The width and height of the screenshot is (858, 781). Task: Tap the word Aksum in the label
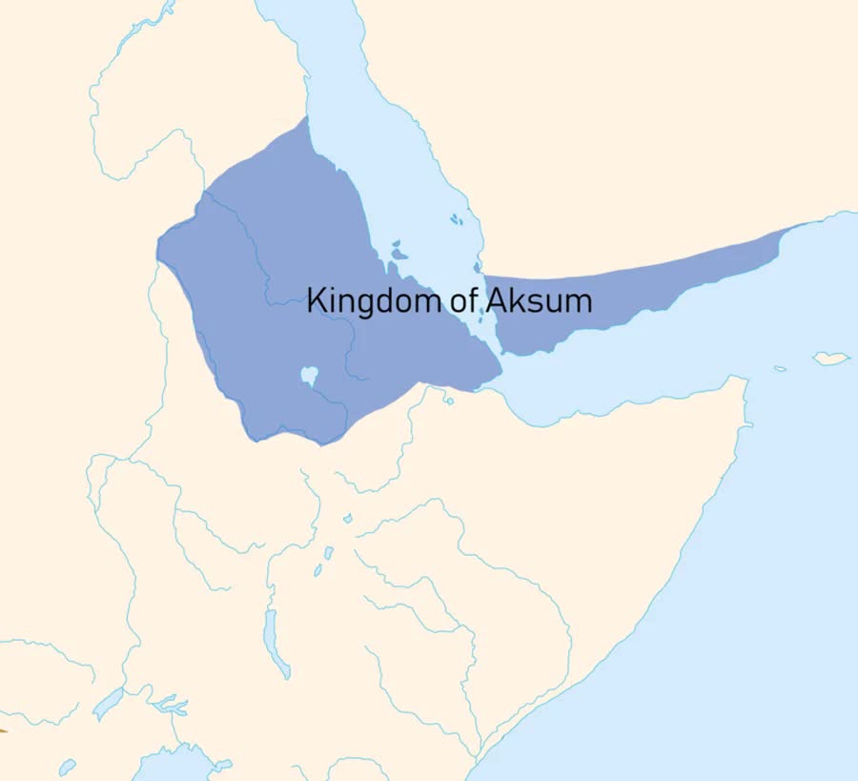(539, 301)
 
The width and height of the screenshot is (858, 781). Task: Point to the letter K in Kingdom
(316, 301)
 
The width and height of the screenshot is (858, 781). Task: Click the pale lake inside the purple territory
(309, 376)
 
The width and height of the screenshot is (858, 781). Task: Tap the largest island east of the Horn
(830, 359)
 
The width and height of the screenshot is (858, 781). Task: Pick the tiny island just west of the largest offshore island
(780, 369)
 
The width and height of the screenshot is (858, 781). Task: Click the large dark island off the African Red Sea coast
(397, 253)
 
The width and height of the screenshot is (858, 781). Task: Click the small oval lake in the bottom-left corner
(67, 766)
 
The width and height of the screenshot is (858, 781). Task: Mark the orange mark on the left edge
(3, 730)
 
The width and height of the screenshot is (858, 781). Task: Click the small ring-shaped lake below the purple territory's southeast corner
(449, 401)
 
